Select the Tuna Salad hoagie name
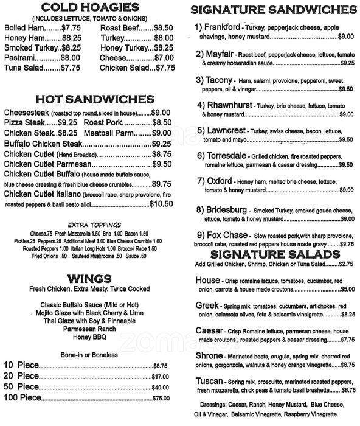click(x=22, y=68)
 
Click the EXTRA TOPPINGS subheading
click(x=89, y=224)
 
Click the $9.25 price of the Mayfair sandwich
click(x=347, y=63)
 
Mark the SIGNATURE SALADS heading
click(x=272, y=254)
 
